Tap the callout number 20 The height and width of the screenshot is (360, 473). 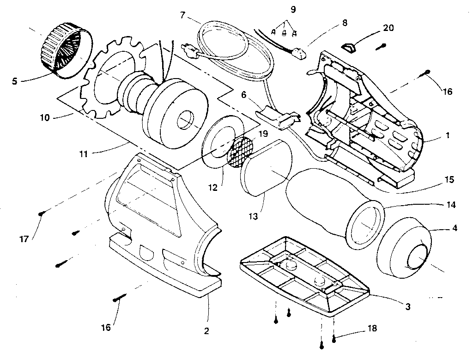point(388,28)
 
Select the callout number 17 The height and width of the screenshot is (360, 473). point(24,239)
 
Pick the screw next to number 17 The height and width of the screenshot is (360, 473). point(43,213)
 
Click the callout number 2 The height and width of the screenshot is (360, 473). point(206,330)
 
